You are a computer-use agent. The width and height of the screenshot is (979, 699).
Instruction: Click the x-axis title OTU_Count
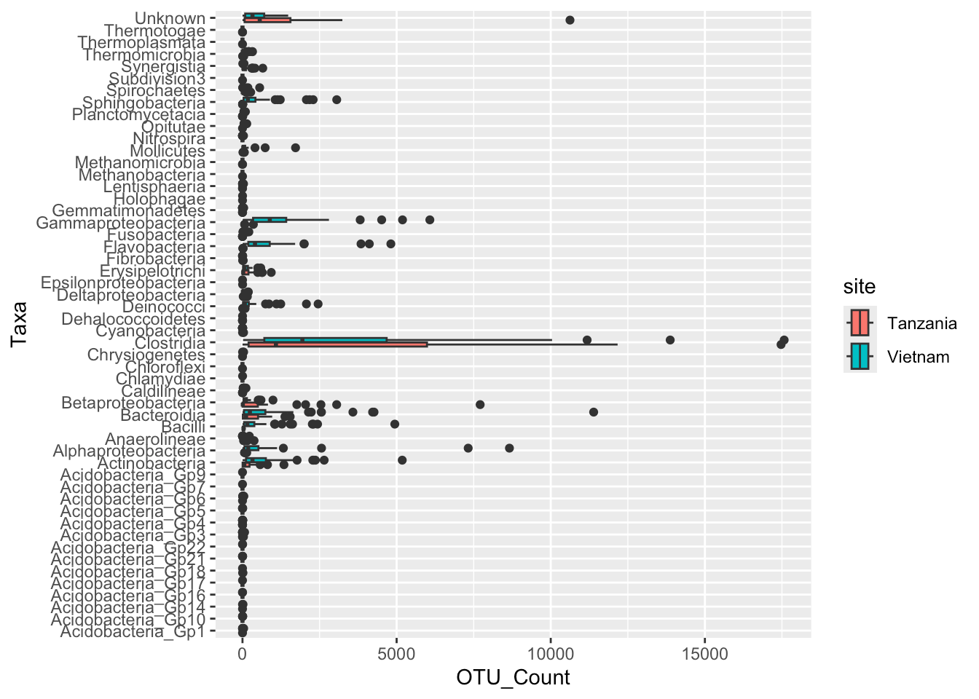(x=513, y=678)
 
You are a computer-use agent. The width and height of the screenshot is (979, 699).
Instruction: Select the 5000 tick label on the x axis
(x=396, y=653)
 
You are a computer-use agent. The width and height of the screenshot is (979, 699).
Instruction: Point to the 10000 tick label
(x=551, y=653)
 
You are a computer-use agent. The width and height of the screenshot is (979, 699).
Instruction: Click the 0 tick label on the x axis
(x=242, y=653)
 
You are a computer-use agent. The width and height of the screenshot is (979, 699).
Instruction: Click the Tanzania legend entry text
(x=921, y=323)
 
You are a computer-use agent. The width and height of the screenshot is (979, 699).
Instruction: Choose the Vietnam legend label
(x=918, y=357)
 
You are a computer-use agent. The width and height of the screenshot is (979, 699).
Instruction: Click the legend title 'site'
(x=860, y=287)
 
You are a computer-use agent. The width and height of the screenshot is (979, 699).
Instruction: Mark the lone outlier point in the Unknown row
(x=570, y=20)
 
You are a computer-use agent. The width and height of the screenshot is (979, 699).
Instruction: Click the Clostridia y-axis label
(x=170, y=343)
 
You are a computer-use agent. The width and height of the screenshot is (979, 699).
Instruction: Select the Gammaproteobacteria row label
(x=121, y=223)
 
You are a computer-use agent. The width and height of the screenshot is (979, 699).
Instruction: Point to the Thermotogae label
(x=154, y=31)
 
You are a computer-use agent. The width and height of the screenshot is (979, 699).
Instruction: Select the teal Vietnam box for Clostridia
(x=325, y=339)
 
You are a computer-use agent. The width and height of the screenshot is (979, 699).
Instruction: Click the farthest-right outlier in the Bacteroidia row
(x=593, y=412)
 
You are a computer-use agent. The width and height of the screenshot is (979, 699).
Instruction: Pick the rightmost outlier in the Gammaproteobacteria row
(x=430, y=220)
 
